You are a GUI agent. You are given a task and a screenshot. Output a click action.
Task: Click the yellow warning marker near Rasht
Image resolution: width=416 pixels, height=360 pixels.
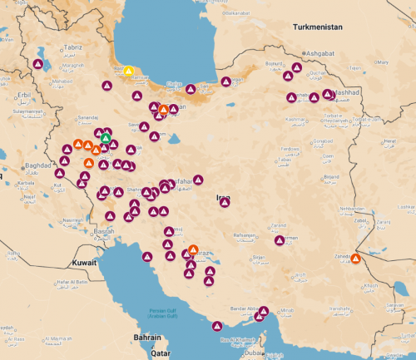click(128, 72)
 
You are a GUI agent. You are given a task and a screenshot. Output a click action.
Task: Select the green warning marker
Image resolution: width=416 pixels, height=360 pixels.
click(106, 138)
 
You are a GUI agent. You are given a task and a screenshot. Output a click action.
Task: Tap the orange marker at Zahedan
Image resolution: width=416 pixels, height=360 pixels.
click(355, 259)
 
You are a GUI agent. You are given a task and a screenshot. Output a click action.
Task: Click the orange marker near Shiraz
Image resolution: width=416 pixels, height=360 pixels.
click(193, 249)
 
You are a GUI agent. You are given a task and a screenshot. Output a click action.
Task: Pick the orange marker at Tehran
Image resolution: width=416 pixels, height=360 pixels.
click(164, 109)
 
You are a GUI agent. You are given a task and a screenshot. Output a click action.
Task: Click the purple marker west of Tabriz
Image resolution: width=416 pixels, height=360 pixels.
click(38, 63)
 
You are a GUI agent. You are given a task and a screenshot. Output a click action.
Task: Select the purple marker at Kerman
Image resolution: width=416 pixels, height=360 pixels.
click(280, 240)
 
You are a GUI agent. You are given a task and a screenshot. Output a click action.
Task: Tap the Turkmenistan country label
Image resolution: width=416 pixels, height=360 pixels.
click(318, 27)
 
